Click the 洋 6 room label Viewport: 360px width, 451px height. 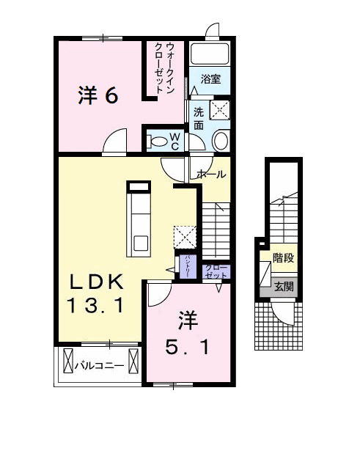(98, 95)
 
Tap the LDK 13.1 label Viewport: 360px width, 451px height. (96, 293)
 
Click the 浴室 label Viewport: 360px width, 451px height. (211, 78)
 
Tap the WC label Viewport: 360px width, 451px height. (176, 140)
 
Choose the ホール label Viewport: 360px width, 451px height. (212, 175)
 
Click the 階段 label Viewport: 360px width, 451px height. (283, 257)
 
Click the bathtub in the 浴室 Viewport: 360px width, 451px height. (210, 54)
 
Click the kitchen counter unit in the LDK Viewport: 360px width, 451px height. (138, 218)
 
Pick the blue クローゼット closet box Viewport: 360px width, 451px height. (212, 271)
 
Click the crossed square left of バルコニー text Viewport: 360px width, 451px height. (70, 362)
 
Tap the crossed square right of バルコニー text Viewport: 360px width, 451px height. (133, 362)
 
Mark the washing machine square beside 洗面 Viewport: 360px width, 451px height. (220, 110)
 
